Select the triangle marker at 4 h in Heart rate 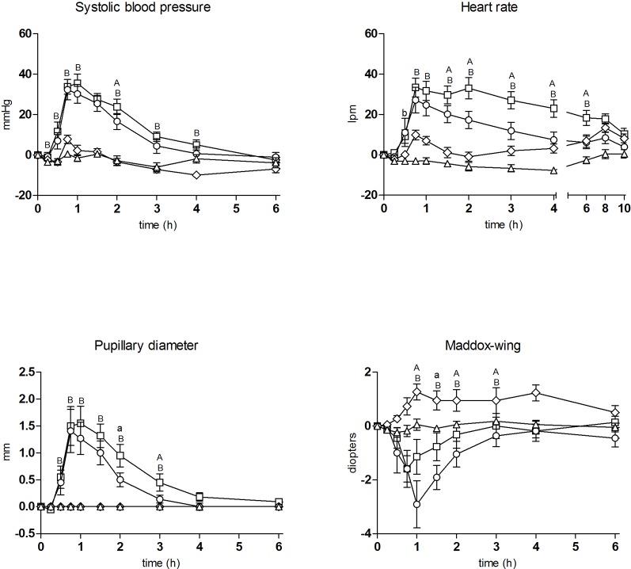(x=553, y=170)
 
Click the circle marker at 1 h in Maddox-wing (x=416, y=504)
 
